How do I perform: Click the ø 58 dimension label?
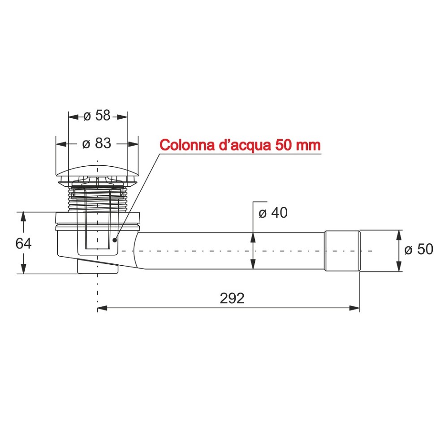[97, 116]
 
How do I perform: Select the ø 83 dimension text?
[97, 144]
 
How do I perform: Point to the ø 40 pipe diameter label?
[273, 213]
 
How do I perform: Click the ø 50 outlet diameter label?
[419, 250]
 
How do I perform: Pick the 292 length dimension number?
[232, 298]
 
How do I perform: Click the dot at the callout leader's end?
[115, 240]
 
